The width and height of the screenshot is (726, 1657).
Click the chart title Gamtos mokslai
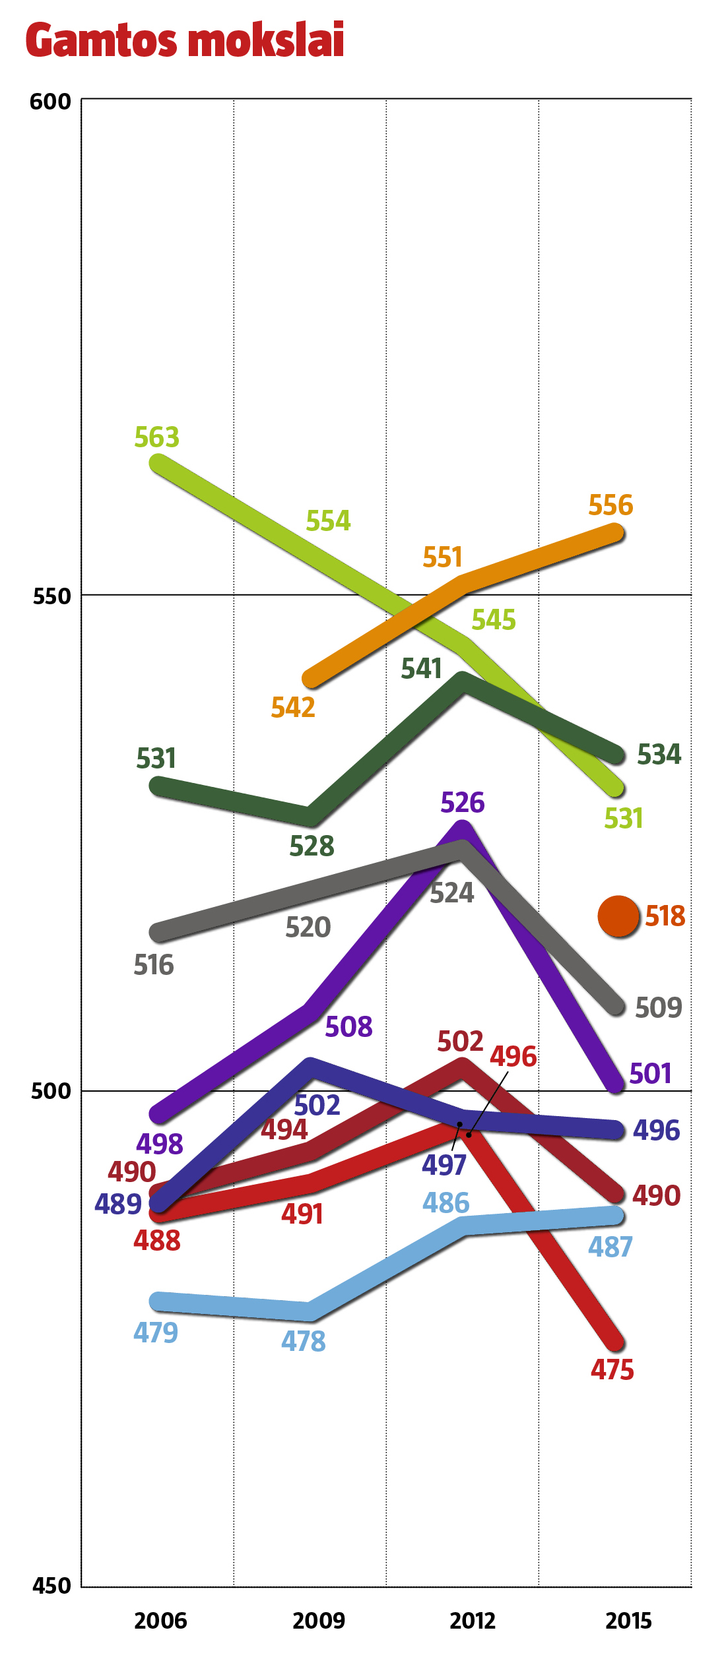pyautogui.click(x=185, y=40)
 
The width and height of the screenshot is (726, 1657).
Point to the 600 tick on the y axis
pyautogui.click(x=50, y=102)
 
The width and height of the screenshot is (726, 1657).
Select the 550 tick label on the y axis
pyautogui.click(x=51, y=596)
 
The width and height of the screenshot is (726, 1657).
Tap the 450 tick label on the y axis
pyautogui.click(x=51, y=1586)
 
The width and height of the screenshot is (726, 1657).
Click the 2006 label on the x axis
pyautogui.click(x=160, y=1621)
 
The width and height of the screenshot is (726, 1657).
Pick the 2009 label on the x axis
pyautogui.click(x=319, y=1621)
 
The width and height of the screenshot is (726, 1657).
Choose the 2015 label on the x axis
pyautogui.click(x=628, y=1621)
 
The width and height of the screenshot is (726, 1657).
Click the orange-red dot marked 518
pyautogui.click(x=618, y=916)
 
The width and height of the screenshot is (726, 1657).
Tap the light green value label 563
pyautogui.click(x=156, y=437)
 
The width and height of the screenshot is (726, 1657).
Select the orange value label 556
pyautogui.click(x=610, y=505)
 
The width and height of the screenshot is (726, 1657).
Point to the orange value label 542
pyautogui.click(x=293, y=708)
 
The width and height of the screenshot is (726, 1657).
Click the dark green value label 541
pyautogui.click(x=421, y=669)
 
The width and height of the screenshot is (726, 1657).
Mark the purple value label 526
pyautogui.click(x=462, y=803)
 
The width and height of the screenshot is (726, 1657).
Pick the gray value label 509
pyautogui.click(x=658, y=1008)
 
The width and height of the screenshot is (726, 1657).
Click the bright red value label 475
pyautogui.click(x=612, y=1370)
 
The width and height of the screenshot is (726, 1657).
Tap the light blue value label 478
pyautogui.click(x=304, y=1341)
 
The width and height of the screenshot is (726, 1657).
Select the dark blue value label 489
pyautogui.click(x=118, y=1204)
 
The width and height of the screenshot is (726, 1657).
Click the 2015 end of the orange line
pyautogui.click(x=615, y=532)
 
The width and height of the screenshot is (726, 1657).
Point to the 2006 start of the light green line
pyautogui.click(x=158, y=464)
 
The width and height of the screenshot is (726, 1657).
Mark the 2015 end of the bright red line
pyautogui.click(x=616, y=1342)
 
